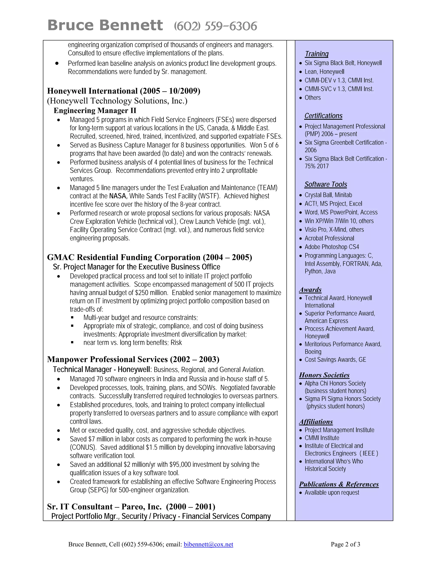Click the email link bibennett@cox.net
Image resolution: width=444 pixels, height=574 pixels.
tap(208, 544)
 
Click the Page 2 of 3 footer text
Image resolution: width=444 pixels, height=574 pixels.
tap(345, 544)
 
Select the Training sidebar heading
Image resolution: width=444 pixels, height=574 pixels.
tap(317, 54)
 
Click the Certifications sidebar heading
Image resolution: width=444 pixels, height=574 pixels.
tap(323, 116)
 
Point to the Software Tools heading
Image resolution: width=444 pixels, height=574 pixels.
tap(326, 185)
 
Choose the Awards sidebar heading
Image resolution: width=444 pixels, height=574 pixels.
tap(310, 290)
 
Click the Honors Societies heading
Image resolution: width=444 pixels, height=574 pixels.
tap(324, 375)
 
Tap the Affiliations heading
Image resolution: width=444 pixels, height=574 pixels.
tap(316, 422)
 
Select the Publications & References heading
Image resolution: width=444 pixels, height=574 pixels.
tap(339, 484)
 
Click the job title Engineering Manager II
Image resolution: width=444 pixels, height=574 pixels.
tap(95, 111)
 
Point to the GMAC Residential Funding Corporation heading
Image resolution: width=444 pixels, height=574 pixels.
tap(149, 257)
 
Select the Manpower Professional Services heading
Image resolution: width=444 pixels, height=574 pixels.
tap(133, 359)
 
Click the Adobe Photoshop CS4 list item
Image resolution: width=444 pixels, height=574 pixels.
tap(332, 247)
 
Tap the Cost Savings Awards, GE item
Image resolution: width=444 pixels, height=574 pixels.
tap(335, 360)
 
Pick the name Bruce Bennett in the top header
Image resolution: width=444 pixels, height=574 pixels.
tap(105, 26)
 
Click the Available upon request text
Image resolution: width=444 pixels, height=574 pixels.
tap(332, 493)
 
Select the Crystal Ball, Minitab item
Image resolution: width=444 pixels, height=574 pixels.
tap(328, 195)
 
